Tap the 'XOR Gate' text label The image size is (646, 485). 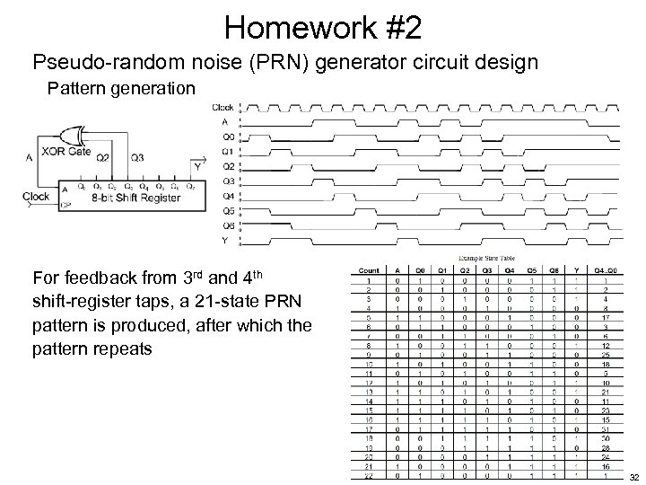tap(65, 151)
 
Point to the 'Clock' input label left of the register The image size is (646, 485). tap(35, 196)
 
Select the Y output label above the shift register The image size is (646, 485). tap(196, 166)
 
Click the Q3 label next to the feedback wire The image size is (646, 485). tap(136, 156)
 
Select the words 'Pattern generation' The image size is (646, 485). tap(121, 89)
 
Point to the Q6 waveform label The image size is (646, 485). tap(228, 225)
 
